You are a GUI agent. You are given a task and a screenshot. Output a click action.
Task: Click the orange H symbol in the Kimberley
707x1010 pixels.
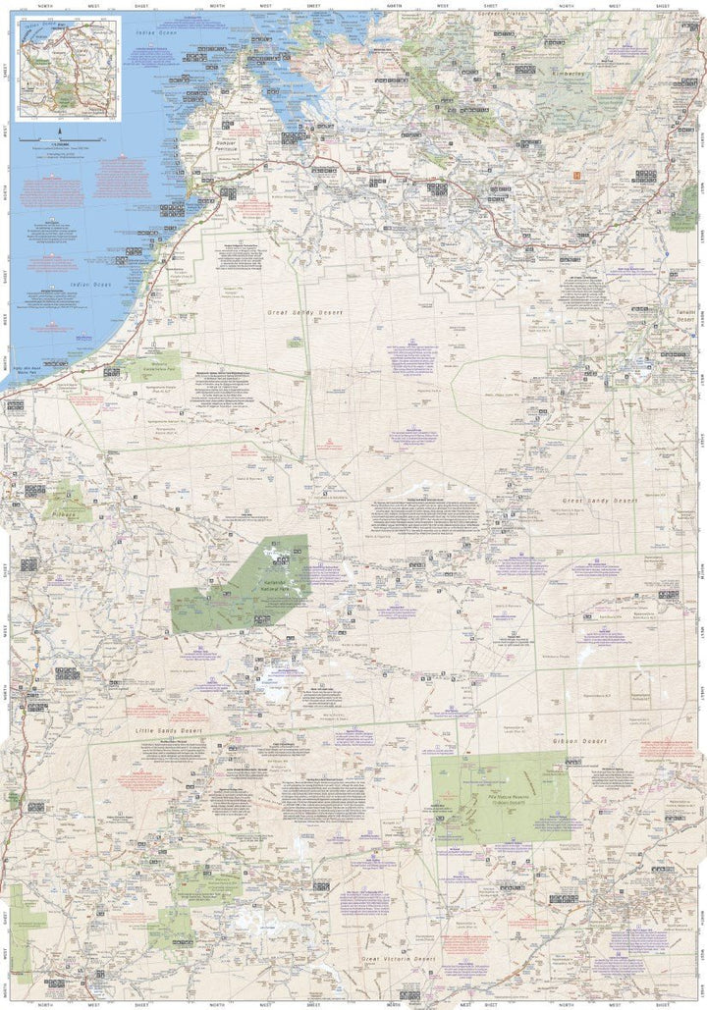click(577, 176)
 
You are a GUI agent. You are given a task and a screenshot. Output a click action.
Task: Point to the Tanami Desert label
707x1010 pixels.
click(684, 315)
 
